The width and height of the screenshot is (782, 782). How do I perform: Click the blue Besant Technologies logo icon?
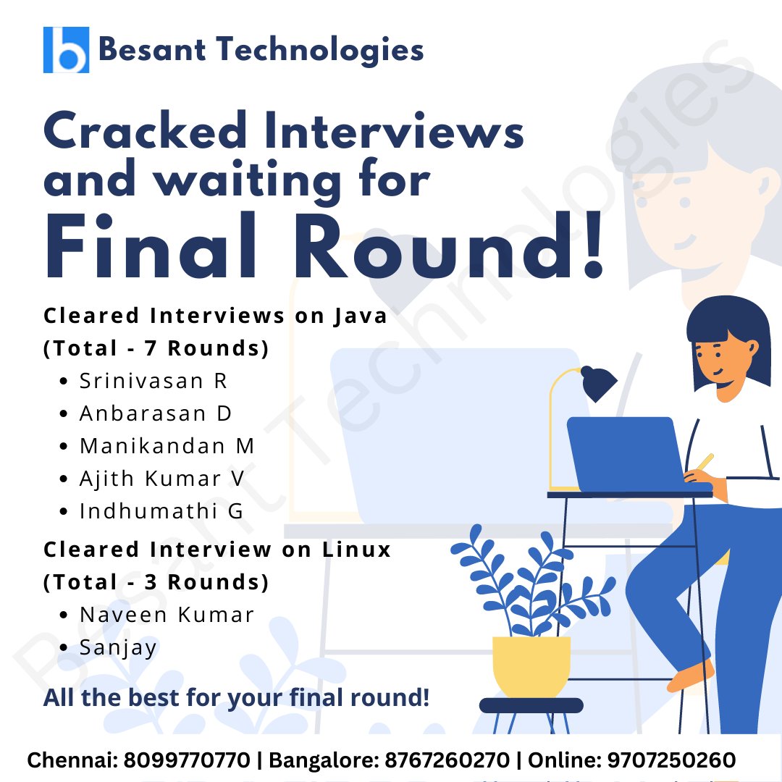66,50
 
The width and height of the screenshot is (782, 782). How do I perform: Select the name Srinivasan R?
154,381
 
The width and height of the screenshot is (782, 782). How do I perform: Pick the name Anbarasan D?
155,413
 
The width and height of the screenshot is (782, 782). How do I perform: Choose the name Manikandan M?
167,446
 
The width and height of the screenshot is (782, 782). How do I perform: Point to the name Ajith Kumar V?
162,479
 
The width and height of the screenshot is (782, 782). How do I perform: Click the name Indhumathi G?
161,511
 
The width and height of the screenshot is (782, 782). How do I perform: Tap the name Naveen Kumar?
167,615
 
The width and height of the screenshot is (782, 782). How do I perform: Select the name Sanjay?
118,647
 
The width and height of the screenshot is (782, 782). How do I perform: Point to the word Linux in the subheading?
356,550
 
